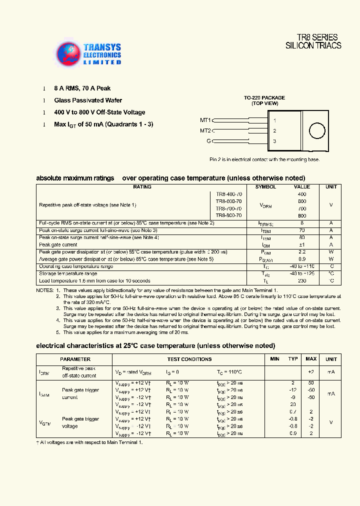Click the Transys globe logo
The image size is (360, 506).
(68, 53)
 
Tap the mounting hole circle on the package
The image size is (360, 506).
(316, 131)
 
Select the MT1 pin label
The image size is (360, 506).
(205, 120)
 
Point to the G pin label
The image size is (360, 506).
(208, 141)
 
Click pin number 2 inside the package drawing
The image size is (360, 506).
(274, 131)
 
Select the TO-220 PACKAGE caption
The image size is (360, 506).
(264, 97)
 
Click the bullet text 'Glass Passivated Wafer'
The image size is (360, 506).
(88, 100)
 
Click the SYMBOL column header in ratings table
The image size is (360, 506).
(265, 186)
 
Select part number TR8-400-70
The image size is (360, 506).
(229, 193)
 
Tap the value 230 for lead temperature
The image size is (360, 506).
(302, 281)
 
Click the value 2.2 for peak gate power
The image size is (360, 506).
(302, 252)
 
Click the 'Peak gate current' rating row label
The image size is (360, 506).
(58, 245)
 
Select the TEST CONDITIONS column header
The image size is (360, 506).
(189, 359)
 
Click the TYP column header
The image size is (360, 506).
(293, 359)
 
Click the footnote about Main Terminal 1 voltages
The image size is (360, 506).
(89, 442)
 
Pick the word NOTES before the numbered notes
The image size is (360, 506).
(44, 290)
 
